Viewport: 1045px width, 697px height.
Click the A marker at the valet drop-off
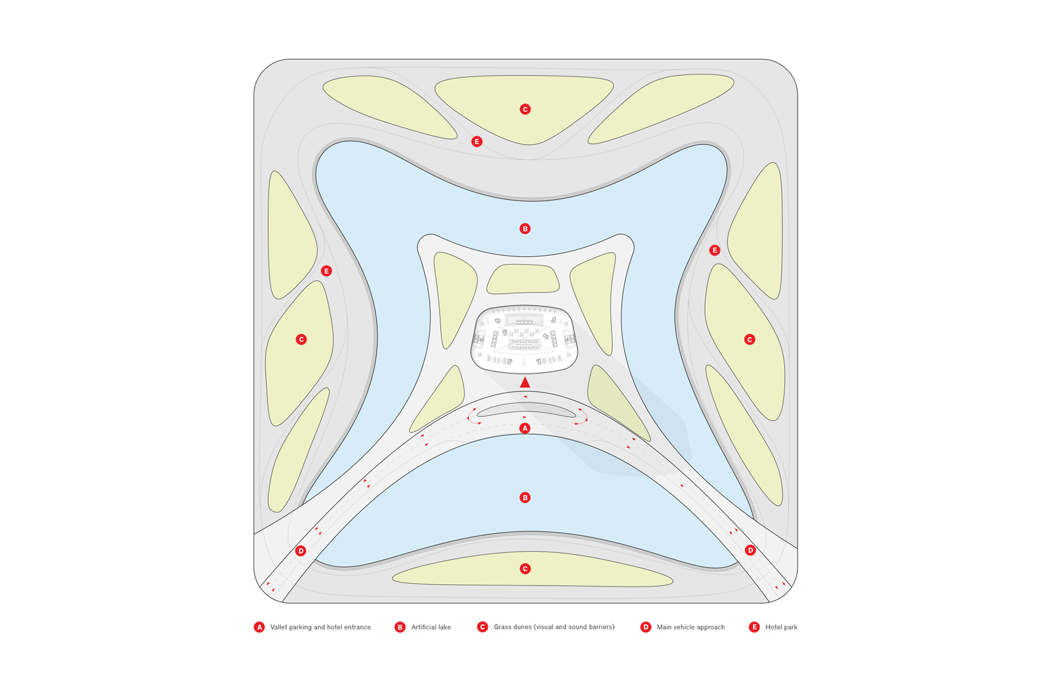[x=525, y=429]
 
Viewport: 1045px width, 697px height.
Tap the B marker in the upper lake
[x=525, y=229]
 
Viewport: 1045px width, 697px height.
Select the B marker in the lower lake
[x=525, y=498]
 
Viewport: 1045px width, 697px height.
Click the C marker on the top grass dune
[x=525, y=109]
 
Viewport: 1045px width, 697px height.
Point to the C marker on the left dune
[x=301, y=340]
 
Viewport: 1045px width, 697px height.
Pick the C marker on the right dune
[x=749, y=340]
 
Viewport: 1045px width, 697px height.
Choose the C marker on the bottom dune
[x=525, y=569]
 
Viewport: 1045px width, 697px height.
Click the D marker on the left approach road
[x=301, y=551]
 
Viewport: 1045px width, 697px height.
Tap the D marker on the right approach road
[x=750, y=550]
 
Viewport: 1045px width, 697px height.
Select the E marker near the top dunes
[x=477, y=142]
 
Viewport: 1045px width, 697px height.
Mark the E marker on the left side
[x=326, y=271]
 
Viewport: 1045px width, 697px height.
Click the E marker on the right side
[x=715, y=250]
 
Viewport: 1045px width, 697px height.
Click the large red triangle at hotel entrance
[x=525, y=382]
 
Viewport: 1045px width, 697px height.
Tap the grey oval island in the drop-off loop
[x=527, y=410]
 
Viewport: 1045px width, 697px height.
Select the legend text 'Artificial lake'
[x=431, y=627]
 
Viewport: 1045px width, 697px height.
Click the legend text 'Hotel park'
[x=781, y=627]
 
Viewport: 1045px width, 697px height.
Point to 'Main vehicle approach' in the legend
[x=690, y=627]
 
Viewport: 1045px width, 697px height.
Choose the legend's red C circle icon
[x=482, y=627]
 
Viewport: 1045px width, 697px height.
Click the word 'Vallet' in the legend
[x=279, y=627]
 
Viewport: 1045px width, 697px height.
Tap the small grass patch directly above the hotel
[x=523, y=279]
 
